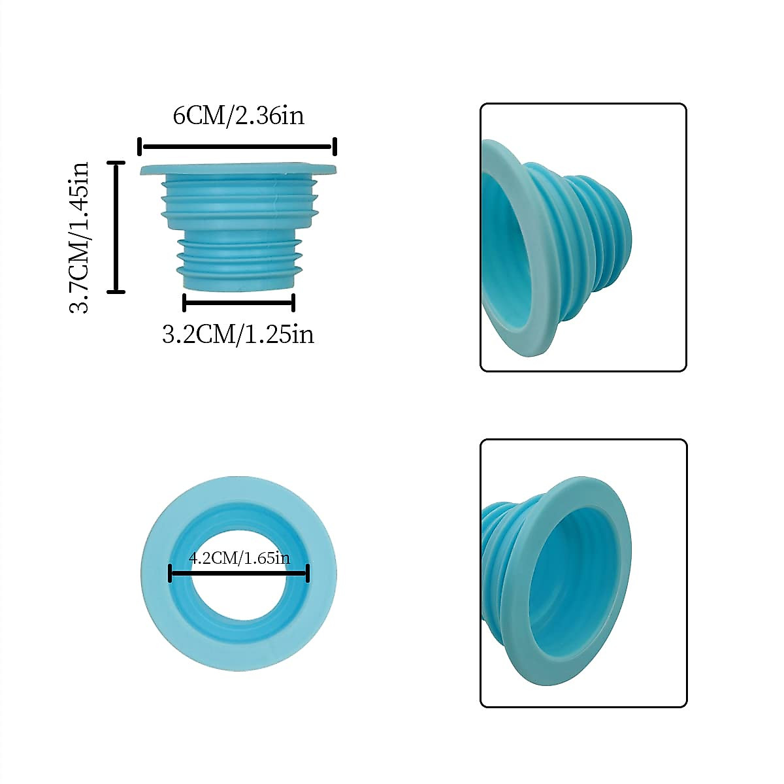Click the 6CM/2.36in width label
click(238, 116)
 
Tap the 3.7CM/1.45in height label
click(80, 237)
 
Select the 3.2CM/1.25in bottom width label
click(238, 334)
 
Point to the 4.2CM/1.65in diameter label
click(238, 558)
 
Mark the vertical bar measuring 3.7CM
click(116, 227)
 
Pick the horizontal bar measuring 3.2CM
click(238, 302)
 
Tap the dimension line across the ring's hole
click(238, 574)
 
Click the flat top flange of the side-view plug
click(238, 170)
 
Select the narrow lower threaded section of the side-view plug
click(238, 261)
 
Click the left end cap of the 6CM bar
click(140, 146)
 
